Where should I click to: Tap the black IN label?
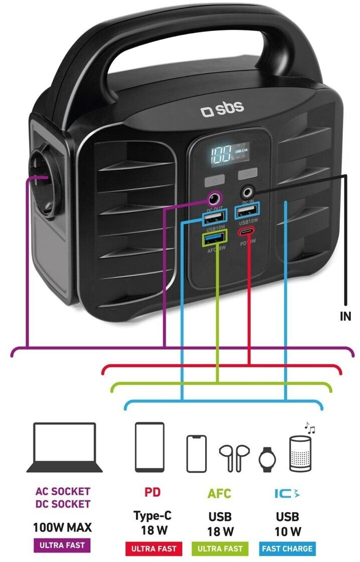345,316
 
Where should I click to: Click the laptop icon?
64,448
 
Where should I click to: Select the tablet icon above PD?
149,447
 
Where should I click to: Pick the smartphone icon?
197,453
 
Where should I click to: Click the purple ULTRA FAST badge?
62,545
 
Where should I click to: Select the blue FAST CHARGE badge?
287,548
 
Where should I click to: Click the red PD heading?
153,492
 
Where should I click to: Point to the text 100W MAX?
62,527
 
